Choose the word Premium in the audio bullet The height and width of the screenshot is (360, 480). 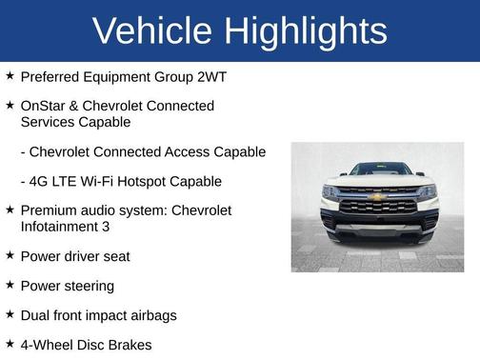coord(51,210)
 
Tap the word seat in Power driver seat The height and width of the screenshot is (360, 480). coord(115,256)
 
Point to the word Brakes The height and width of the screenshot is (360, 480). coord(129,344)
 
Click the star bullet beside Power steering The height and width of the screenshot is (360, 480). coord(9,285)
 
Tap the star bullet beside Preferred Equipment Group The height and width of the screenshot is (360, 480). coord(9,73)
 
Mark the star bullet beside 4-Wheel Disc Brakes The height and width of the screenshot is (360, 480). coord(9,343)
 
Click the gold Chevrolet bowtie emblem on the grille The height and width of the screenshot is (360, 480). coord(378,197)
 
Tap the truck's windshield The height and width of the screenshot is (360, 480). coord(379,170)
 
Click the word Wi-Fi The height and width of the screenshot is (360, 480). coord(97,181)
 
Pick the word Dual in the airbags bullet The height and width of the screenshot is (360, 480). coord(36,314)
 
